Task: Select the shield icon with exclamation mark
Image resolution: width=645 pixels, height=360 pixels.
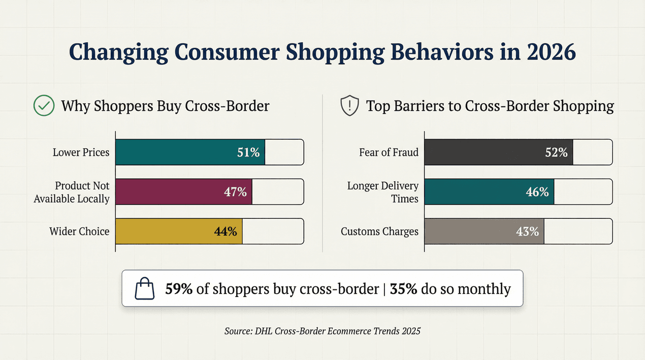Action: point(349,106)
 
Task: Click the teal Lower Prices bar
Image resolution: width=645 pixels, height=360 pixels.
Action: point(190,152)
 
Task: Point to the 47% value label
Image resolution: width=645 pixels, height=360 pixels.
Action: point(235,192)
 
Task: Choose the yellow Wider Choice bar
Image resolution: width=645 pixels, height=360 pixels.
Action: point(179,232)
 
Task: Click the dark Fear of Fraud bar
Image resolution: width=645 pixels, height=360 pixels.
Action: point(498,152)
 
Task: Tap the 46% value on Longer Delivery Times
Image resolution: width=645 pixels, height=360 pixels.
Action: point(537,192)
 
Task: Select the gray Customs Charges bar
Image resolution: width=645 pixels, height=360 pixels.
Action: point(484,232)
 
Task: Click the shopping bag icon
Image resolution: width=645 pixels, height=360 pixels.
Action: point(144,288)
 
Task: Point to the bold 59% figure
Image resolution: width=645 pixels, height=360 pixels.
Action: point(179,289)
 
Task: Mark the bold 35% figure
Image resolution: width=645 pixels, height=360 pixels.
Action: point(404,289)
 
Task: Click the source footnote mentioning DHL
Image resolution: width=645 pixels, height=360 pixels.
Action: point(322,331)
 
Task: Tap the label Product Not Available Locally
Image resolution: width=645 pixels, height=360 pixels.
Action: point(72,192)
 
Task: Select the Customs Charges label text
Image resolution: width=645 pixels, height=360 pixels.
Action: point(379,232)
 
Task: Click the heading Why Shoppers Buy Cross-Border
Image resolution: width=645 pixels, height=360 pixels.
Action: point(165,106)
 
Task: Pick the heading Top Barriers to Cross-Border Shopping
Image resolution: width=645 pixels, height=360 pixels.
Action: point(490,106)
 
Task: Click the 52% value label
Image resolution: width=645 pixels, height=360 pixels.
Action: point(556,152)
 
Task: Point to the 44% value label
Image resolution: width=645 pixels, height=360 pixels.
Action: point(225,232)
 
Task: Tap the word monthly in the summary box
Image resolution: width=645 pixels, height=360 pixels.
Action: point(484,289)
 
